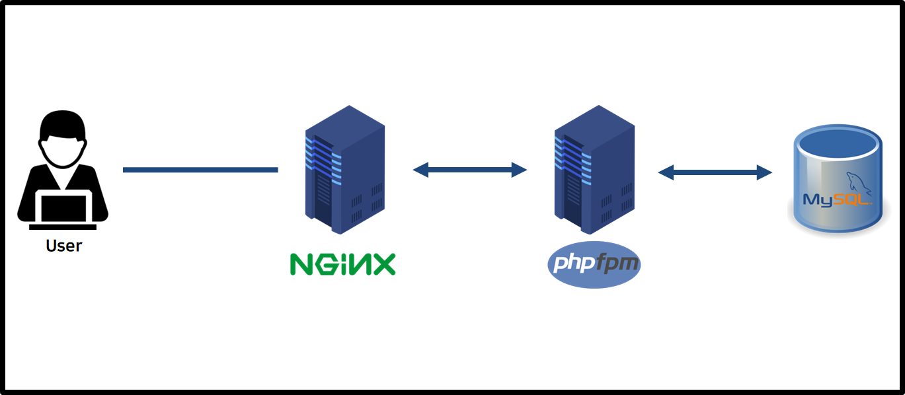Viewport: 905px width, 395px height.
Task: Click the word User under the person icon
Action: [63, 246]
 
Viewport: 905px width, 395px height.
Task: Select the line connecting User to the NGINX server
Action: [200, 170]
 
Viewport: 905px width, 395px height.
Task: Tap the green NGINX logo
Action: [342, 264]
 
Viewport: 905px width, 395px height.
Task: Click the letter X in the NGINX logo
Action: [383, 264]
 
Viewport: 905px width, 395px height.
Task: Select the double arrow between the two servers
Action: [469, 170]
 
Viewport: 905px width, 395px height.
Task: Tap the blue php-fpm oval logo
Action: [594, 265]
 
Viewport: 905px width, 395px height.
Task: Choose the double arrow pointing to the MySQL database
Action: [715, 172]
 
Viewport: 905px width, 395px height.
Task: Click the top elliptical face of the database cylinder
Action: [838, 143]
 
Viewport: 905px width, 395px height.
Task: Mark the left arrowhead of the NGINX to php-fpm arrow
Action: [420, 170]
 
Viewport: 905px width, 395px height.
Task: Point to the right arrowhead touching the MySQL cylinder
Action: [766, 172]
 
